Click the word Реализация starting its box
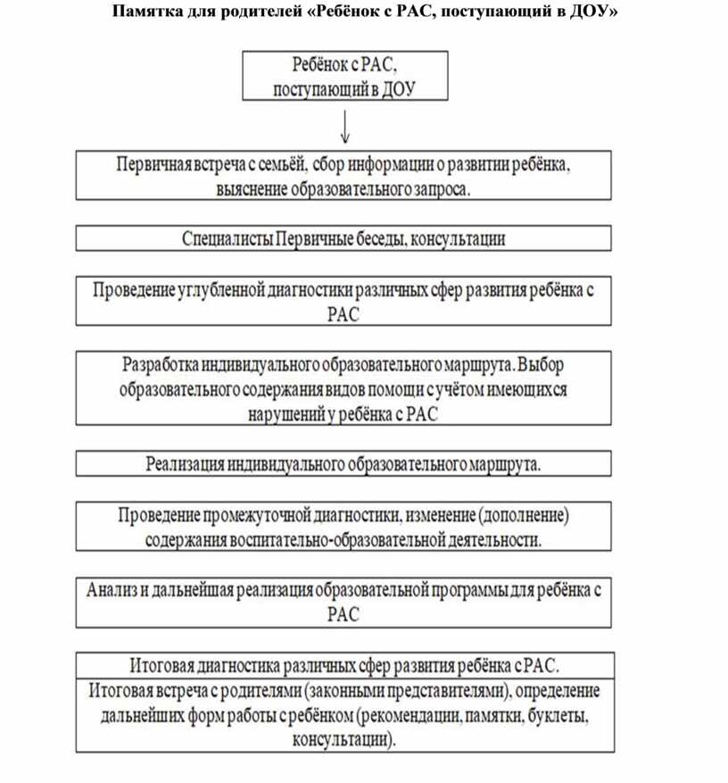(x=185, y=463)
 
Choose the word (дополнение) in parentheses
(x=523, y=516)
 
